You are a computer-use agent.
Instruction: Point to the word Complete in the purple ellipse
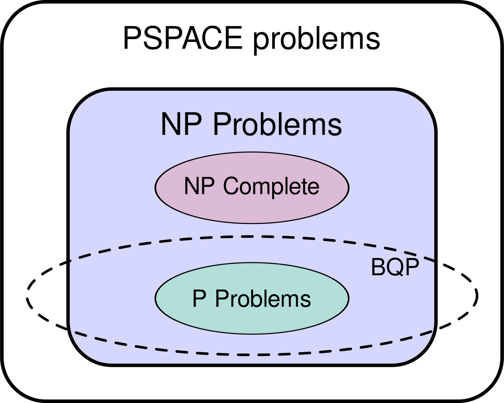click(x=271, y=187)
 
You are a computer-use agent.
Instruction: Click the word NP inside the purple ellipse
click(x=199, y=186)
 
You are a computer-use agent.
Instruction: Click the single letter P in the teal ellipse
click(x=199, y=299)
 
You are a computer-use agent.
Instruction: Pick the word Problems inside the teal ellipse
click(x=263, y=299)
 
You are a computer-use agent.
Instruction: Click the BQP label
click(x=395, y=267)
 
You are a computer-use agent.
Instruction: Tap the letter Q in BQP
click(x=395, y=268)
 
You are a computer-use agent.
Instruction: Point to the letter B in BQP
click(x=378, y=267)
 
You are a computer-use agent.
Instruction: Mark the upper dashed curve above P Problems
click(x=252, y=237)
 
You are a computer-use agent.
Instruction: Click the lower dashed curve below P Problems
click(x=252, y=354)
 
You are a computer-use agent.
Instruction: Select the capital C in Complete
click(x=232, y=186)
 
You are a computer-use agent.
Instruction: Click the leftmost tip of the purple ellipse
click(x=156, y=187)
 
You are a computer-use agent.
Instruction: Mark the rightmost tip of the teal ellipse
click(x=348, y=298)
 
